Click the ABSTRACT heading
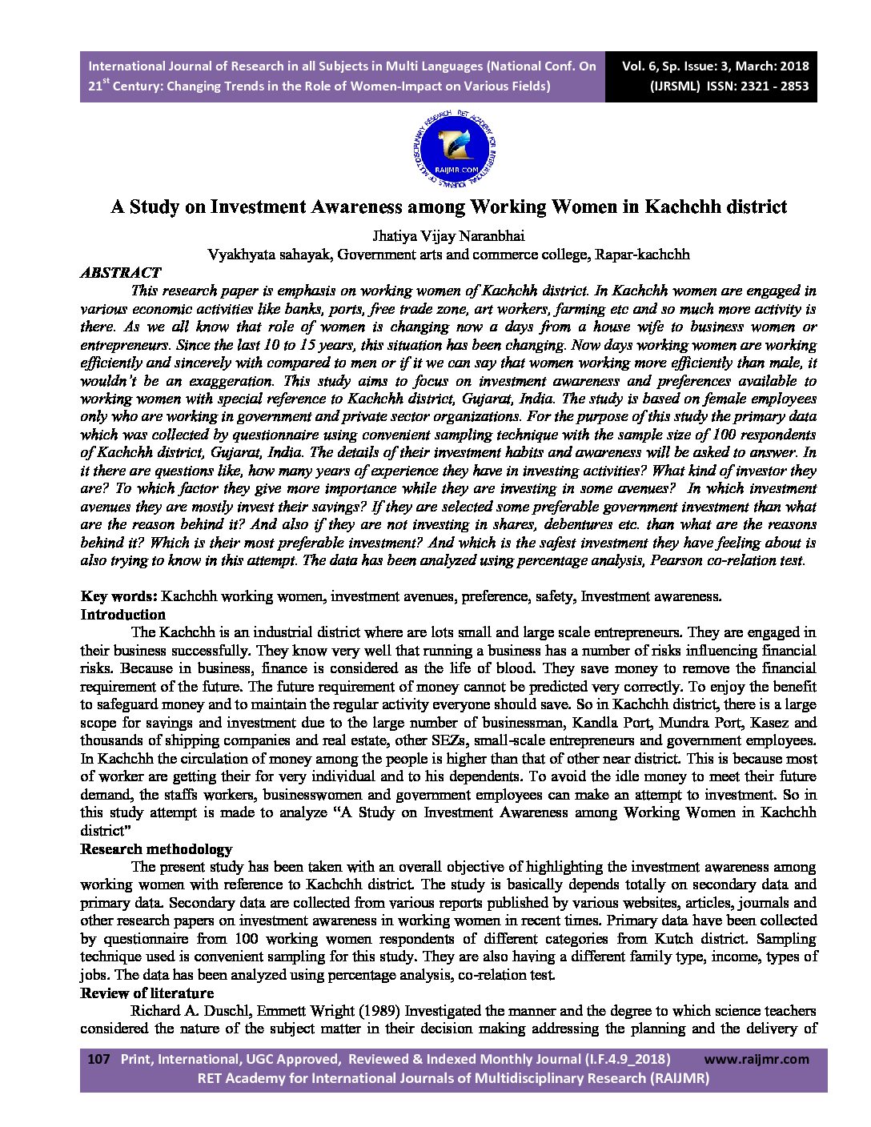point(121,273)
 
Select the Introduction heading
point(123,615)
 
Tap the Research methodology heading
point(156,849)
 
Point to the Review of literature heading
point(147,993)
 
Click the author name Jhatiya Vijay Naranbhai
point(448,236)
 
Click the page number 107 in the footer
point(98,1059)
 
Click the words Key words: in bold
point(118,596)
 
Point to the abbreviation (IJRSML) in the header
point(676,86)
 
